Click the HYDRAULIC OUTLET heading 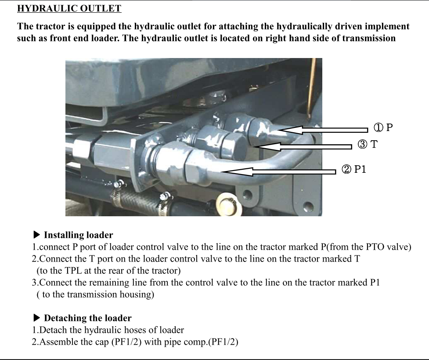[69, 8]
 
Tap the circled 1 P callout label [383, 127]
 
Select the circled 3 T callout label [368, 144]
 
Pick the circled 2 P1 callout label [354, 169]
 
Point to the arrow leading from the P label [323, 130]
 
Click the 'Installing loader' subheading [78, 235]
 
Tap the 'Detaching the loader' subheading [87, 318]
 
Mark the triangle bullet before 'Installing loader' [36, 235]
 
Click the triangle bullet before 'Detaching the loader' [36, 318]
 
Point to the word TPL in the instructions [73, 271]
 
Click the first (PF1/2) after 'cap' [126, 342]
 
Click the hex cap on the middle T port [233, 146]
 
